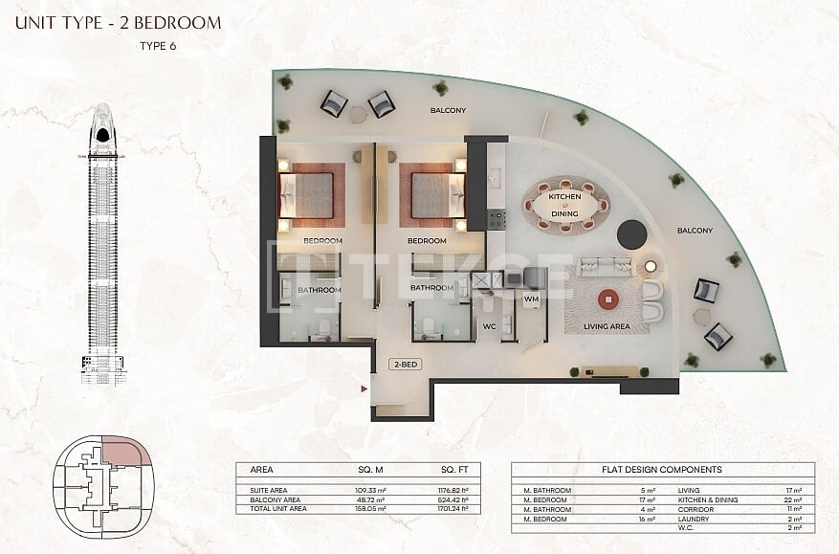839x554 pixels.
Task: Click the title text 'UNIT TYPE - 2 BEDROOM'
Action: pos(118,22)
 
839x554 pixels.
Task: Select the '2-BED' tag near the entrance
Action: pos(403,365)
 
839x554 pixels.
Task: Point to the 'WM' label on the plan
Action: pos(531,299)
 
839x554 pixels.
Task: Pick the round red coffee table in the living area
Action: pos(607,300)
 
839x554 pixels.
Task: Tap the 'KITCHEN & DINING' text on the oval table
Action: pos(563,204)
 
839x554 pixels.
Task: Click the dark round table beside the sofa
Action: pos(631,234)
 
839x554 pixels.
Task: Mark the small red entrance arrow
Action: pos(364,388)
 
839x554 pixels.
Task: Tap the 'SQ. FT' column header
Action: pos(454,470)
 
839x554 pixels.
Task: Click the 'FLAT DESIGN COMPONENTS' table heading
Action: pos(662,470)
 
